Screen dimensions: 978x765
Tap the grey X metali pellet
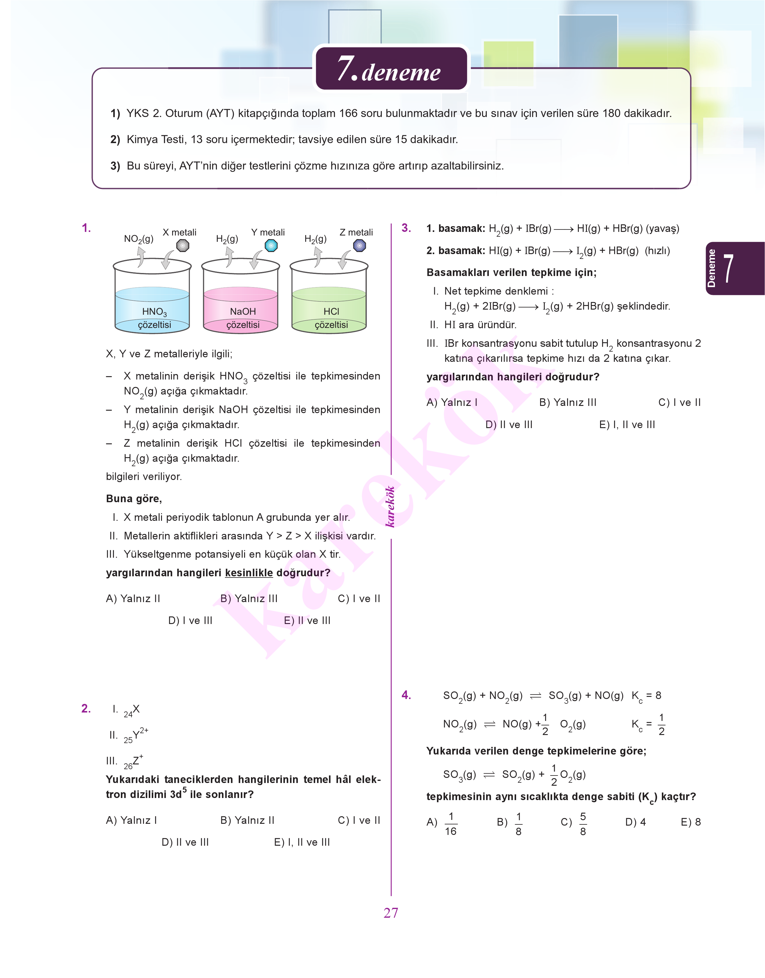click(x=183, y=245)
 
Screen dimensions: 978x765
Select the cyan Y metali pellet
click(x=271, y=245)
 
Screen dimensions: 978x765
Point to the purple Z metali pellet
click(x=359, y=245)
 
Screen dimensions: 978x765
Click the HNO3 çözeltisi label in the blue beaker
click(x=154, y=318)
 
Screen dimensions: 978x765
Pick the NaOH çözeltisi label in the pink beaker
click(x=243, y=318)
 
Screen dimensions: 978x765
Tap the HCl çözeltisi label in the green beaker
click(x=331, y=318)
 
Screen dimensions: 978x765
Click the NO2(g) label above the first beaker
click(x=139, y=239)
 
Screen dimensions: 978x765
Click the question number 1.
click(x=86, y=228)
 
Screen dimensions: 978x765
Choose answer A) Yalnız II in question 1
click(x=133, y=598)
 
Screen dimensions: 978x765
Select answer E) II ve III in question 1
click(x=307, y=620)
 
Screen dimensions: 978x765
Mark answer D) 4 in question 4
click(x=635, y=822)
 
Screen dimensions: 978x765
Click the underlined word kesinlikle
click(x=249, y=573)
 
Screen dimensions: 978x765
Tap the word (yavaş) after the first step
click(x=663, y=229)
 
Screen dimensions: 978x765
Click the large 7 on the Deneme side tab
click(x=729, y=268)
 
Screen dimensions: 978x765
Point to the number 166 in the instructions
click(x=348, y=113)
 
